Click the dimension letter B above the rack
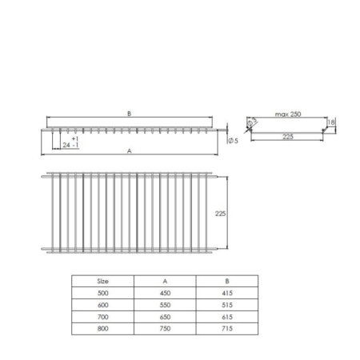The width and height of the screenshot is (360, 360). click(x=129, y=114)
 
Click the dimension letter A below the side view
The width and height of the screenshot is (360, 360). click(x=130, y=151)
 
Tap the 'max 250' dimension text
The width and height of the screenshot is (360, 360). click(x=288, y=114)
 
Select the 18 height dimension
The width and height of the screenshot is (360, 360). click(x=331, y=122)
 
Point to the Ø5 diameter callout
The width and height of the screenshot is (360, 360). click(x=234, y=141)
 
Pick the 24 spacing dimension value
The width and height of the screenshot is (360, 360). click(x=66, y=145)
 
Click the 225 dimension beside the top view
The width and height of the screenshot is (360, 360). click(x=221, y=214)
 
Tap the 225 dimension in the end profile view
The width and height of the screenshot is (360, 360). click(x=288, y=137)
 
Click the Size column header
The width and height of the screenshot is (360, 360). click(x=102, y=281)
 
